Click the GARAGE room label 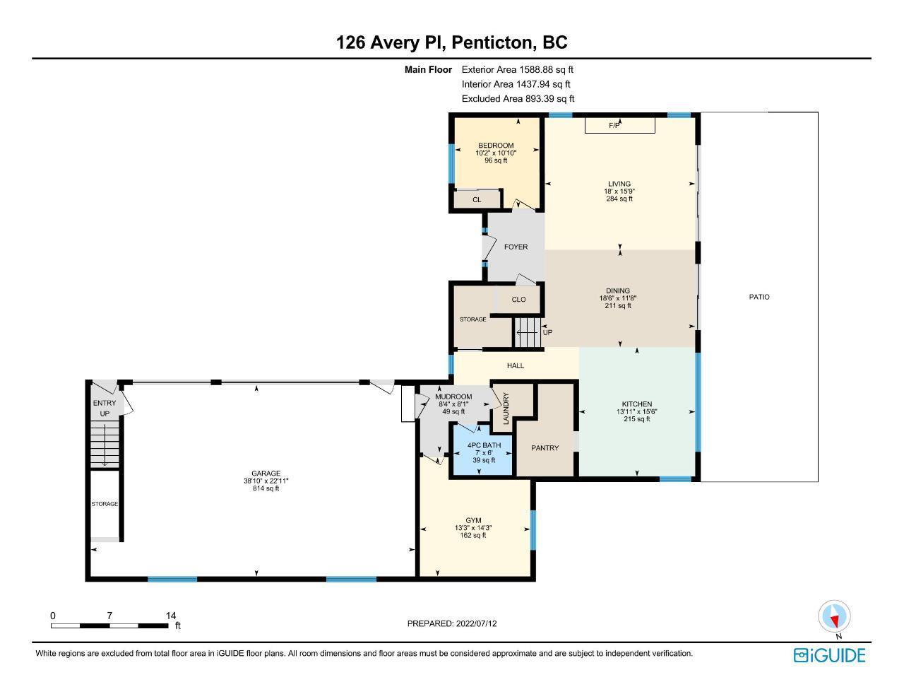266,474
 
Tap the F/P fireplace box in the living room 620,125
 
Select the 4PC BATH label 484,445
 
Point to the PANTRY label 545,448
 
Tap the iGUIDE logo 830,655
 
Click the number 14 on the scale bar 171,616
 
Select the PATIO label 759,297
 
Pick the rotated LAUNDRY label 506,409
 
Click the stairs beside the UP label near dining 528,332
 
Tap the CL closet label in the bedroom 477,200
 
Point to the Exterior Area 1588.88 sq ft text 518,69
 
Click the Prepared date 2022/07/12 476,623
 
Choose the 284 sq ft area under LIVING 619,199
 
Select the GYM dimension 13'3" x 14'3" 473,528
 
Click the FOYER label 516,247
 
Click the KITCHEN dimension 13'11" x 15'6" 637,412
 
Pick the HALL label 516,365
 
